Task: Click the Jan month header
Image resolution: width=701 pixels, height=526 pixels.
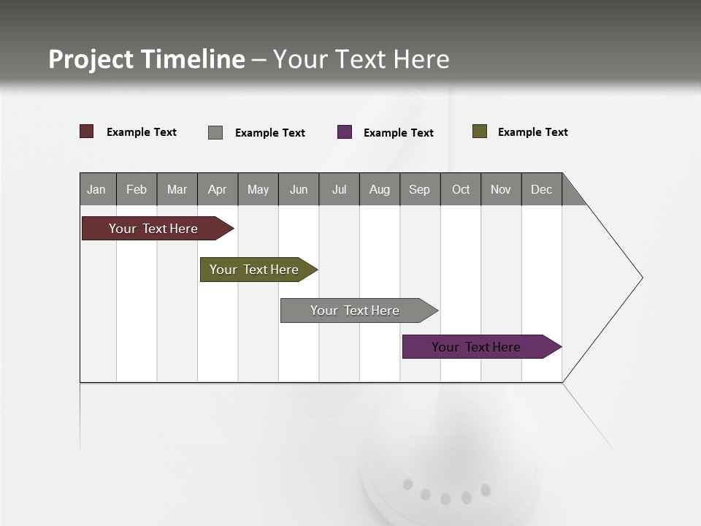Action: [x=97, y=189]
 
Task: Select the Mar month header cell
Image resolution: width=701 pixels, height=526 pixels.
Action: [x=177, y=189]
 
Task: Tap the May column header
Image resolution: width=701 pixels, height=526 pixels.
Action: [x=258, y=189]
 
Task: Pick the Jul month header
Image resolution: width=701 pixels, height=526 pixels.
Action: [x=339, y=189]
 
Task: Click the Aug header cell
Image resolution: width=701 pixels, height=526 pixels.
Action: [x=379, y=189]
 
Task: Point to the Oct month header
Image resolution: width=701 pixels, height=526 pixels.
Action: [x=460, y=189]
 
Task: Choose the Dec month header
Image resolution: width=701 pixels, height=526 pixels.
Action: [x=541, y=189]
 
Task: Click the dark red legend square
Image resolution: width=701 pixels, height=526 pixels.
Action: [x=87, y=131]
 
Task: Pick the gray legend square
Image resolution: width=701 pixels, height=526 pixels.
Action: [x=215, y=132]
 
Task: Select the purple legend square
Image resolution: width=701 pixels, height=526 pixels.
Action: [x=345, y=132]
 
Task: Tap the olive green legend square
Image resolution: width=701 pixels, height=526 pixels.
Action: [x=480, y=131]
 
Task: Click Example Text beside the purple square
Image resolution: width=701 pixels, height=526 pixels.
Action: [x=398, y=133]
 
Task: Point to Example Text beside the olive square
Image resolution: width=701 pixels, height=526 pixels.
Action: [x=532, y=132]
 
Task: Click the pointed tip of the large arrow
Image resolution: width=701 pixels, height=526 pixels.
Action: [x=640, y=278]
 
